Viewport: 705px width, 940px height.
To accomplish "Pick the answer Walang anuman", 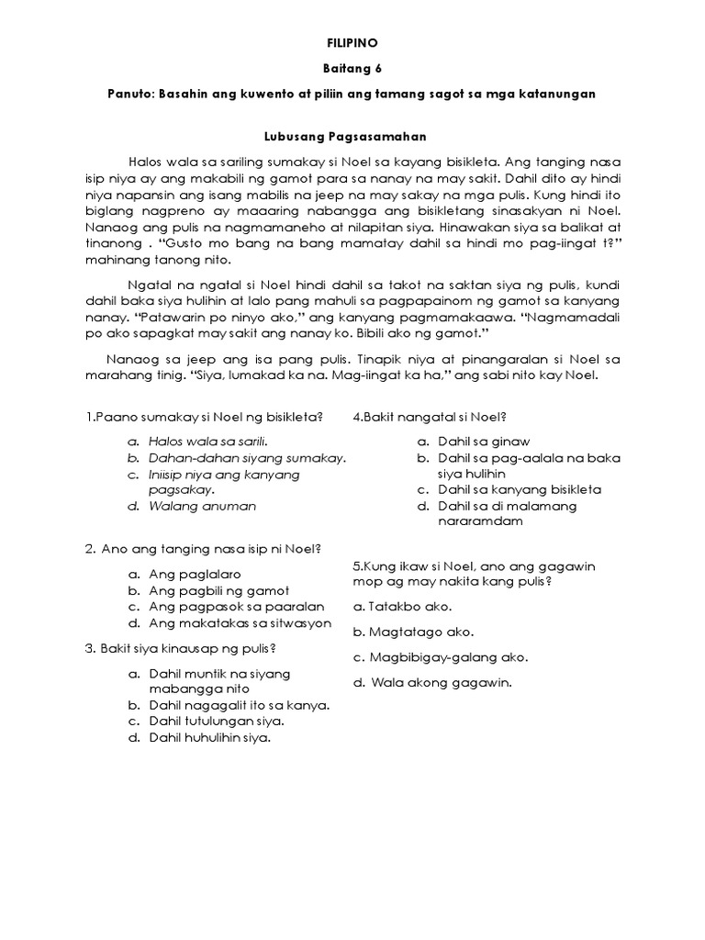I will [203, 506].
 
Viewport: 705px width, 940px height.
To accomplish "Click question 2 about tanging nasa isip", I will [202, 550].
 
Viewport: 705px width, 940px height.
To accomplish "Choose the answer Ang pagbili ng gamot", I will [219, 590].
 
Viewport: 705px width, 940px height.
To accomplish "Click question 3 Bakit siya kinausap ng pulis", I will [181, 649].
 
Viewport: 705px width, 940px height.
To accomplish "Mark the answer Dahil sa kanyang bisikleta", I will [520, 489].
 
